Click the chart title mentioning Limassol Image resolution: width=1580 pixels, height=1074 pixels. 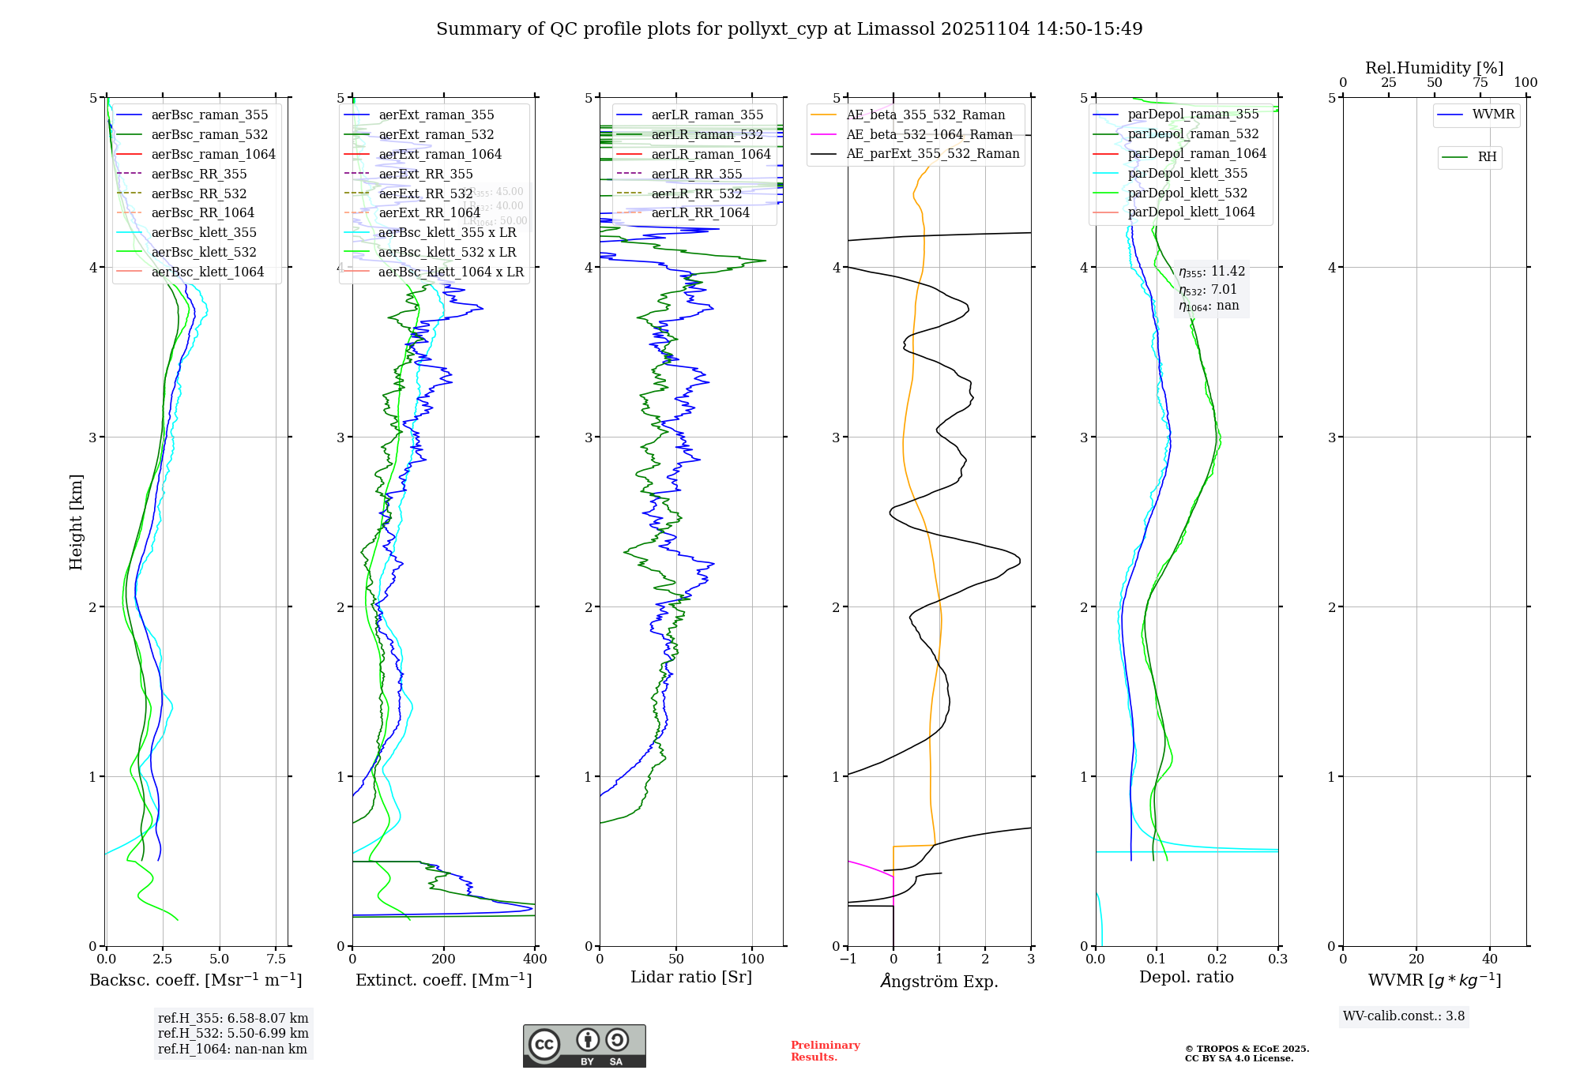(789, 29)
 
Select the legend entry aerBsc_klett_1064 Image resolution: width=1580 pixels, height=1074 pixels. (207, 272)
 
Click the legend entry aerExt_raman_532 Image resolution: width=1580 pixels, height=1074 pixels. (436, 134)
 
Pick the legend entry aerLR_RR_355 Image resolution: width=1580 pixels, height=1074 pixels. (696, 174)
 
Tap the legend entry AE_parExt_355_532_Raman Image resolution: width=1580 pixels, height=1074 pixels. (932, 153)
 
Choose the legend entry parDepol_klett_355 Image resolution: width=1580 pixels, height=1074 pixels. (1187, 173)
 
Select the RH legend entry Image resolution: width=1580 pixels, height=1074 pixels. (1487, 157)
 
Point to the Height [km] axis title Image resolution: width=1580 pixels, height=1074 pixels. (76, 521)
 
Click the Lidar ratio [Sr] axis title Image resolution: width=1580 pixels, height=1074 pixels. (691, 977)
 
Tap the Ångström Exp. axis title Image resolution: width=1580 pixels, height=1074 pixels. (939, 981)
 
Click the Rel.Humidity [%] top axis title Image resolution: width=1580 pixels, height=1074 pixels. (1434, 68)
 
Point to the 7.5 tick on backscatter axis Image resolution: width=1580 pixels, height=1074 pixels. (276, 959)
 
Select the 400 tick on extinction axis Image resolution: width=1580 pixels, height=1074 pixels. (535, 959)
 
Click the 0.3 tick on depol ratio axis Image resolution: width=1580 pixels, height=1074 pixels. (1277, 959)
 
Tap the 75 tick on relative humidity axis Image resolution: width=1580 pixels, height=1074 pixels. (1480, 83)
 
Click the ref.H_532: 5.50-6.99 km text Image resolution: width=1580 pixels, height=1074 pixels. (233, 1033)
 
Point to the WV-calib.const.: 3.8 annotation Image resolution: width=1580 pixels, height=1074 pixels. (1404, 1016)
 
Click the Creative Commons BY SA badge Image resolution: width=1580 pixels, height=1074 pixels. (584, 1046)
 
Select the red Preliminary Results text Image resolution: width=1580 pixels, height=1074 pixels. (825, 1050)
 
